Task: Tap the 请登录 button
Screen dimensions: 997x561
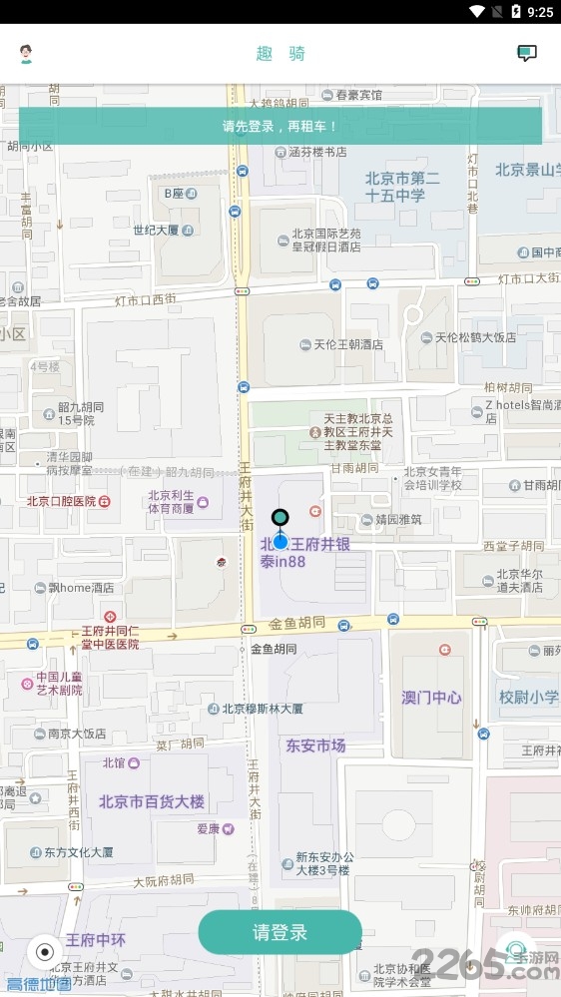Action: tap(280, 932)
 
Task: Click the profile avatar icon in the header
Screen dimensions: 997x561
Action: tap(27, 54)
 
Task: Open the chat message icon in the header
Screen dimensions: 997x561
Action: tap(526, 54)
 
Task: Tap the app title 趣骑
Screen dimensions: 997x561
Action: tap(280, 54)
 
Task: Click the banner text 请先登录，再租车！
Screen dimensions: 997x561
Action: tap(280, 127)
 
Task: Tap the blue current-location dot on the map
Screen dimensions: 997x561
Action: tap(280, 542)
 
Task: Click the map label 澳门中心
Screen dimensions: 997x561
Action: tap(431, 697)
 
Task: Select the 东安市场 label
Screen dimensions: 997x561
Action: tap(315, 746)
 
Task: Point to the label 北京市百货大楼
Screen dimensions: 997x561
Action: tap(152, 800)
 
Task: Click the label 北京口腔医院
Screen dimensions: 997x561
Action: tap(62, 501)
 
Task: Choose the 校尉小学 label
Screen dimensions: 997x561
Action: tap(528, 697)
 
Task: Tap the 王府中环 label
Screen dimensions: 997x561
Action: tap(96, 940)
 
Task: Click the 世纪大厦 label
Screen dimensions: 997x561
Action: tap(156, 230)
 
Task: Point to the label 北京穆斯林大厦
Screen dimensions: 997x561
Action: tap(263, 709)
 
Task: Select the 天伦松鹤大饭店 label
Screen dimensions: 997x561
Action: tap(475, 337)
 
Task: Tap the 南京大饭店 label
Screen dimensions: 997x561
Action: tap(77, 734)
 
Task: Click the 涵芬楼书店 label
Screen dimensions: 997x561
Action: tap(317, 152)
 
